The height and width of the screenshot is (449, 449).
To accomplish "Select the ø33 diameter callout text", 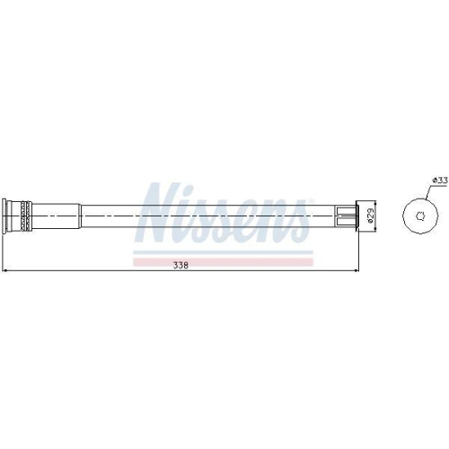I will coord(439,180).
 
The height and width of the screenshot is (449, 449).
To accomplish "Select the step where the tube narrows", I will coord(81,215).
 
